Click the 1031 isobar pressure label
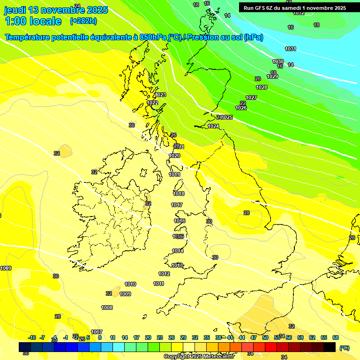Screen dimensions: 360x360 [291, 49]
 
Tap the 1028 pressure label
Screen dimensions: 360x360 [262, 88]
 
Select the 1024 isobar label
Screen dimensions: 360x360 [213, 126]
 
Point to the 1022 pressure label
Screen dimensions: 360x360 [152, 103]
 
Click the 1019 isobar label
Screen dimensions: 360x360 [174, 175]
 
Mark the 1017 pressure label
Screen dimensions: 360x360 [177, 205]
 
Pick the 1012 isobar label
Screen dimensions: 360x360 [164, 274]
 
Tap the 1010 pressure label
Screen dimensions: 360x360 [130, 284]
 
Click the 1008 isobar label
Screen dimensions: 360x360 [107, 307]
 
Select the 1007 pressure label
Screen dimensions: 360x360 [97, 332]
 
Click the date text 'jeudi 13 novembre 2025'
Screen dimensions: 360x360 [56, 10]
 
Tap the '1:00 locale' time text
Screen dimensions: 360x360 [33, 21]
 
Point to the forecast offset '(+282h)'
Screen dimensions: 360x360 [83, 21]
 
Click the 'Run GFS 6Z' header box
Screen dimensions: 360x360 [295, 7]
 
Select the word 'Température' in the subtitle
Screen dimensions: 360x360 [28, 37]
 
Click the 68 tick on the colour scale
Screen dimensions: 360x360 [336, 337]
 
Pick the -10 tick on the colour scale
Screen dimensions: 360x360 [32, 337]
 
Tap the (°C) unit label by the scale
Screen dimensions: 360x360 [344, 348]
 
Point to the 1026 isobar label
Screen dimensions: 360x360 [241, 108]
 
